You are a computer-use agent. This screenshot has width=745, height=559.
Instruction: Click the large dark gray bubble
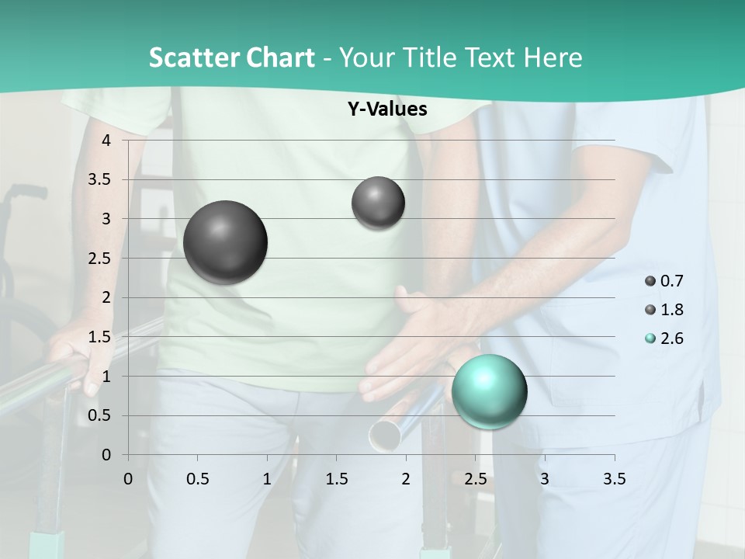226,242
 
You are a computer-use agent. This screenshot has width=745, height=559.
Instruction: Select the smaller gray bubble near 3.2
378,203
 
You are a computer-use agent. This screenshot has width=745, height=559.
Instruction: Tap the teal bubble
489,391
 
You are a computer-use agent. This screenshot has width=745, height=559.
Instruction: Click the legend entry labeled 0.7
664,281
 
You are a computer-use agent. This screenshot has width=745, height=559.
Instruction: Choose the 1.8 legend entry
664,310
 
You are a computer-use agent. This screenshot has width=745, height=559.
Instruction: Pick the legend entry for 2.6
664,339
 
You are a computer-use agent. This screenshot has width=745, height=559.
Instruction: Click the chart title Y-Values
386,109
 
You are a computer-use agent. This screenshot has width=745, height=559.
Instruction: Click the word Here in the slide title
552,57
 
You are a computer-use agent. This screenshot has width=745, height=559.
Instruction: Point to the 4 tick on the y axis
106,141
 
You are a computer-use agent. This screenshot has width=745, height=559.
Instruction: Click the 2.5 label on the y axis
100,259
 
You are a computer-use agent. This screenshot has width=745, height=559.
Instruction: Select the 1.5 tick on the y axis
100,337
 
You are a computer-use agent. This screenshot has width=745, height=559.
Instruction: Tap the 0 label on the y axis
106,455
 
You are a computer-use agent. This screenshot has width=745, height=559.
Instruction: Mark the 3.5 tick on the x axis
614,479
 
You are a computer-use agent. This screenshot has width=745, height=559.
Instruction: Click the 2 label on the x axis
406,479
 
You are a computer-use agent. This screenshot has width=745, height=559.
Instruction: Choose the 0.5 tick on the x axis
197,479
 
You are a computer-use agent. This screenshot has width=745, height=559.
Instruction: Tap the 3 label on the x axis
545,479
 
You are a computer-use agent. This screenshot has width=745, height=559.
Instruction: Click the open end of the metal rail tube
383,436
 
